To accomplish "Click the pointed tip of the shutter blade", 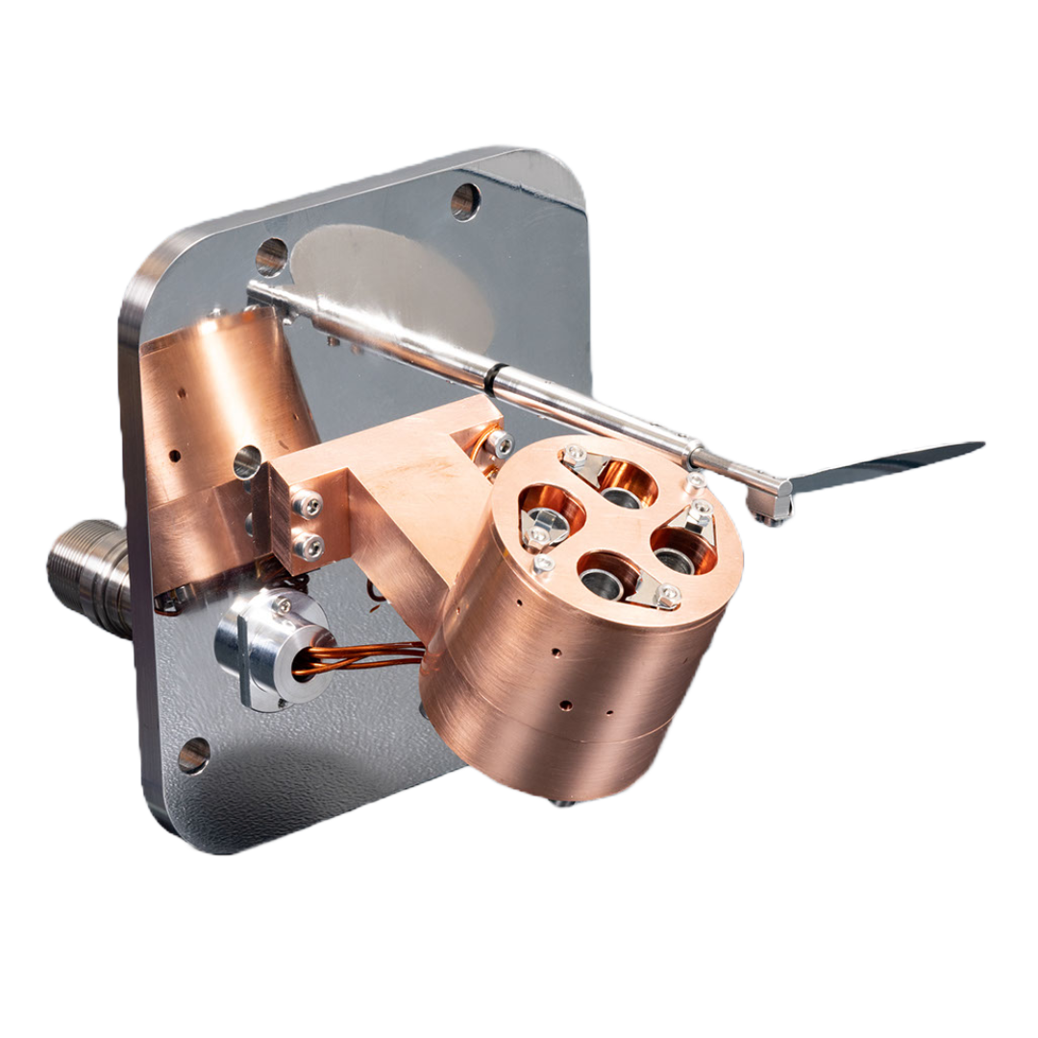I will (981, 443).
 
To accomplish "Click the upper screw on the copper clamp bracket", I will (310, 503).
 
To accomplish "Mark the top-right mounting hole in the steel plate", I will (465, 200).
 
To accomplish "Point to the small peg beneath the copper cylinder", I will (556, 803).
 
